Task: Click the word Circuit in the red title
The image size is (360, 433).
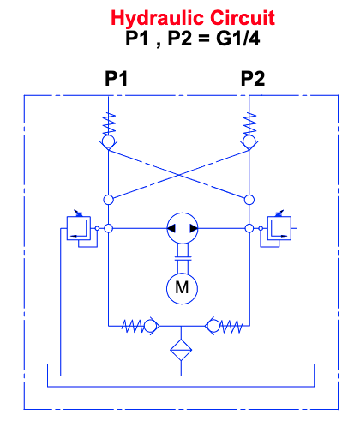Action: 243,18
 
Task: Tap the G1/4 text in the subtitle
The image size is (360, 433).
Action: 238,38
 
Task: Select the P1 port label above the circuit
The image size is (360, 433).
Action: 116,78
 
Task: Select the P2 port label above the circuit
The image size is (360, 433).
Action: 253,78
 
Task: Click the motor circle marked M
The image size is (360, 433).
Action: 182,288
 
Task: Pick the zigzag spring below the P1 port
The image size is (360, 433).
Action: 109,123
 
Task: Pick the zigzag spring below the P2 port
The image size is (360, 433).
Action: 249,123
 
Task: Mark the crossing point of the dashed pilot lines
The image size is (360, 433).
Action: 179,175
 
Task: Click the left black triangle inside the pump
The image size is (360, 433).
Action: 171,228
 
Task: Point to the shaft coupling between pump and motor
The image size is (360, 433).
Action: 183,258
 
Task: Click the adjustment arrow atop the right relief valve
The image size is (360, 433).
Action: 279,213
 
